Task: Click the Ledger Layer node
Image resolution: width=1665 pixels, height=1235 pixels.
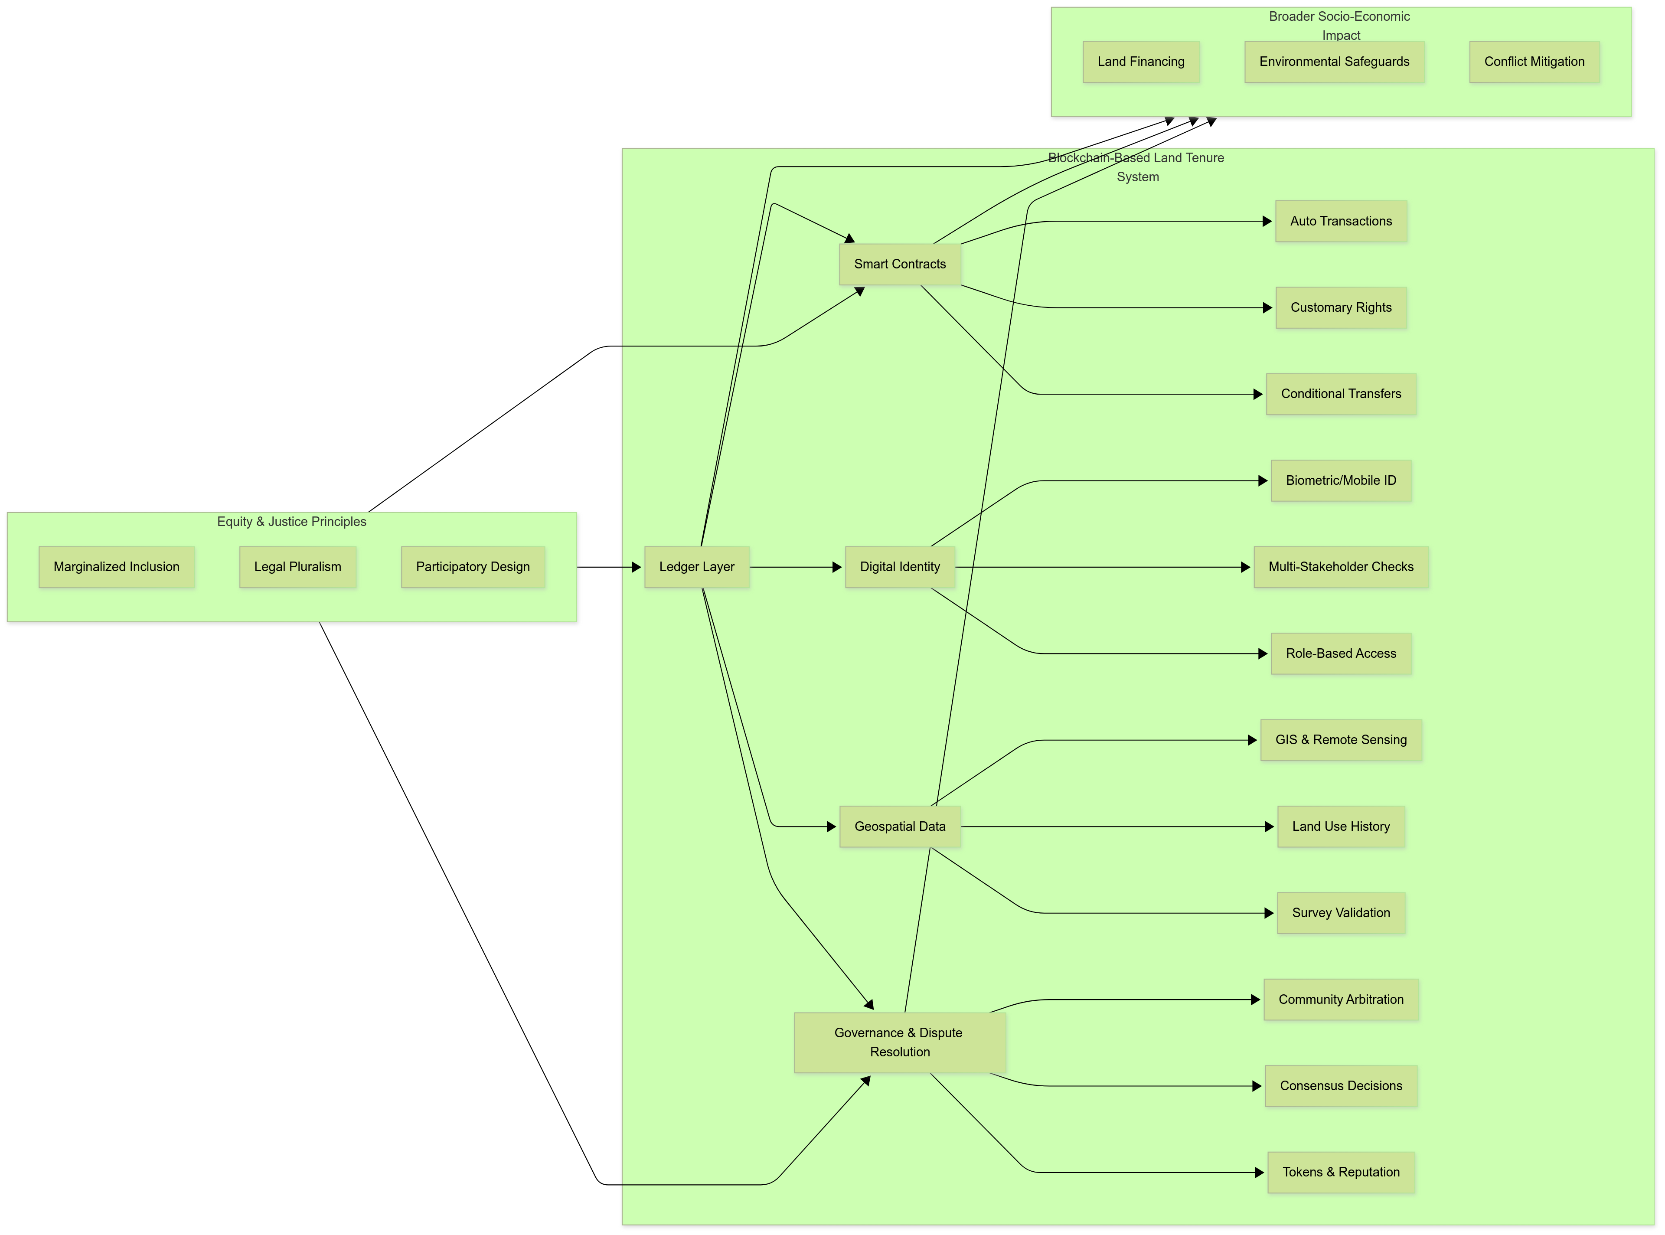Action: (696, 567)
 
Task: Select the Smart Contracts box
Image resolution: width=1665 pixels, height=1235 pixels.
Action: (900, 264)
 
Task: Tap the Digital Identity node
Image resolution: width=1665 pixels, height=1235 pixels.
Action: (900, 567)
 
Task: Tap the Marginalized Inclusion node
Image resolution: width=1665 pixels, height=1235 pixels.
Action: (117, 567)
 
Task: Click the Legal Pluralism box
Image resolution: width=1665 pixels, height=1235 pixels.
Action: (297, 567)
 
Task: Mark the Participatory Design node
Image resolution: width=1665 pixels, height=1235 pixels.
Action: (472, 567)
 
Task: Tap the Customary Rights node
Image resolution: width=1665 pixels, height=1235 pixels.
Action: (1341, 308)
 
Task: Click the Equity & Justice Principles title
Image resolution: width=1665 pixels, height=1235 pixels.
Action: (291, 522)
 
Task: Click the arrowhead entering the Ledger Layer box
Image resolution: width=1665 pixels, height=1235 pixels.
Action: (637, 567)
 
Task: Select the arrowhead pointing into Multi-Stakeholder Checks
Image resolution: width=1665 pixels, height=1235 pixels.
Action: (1246, 567)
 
